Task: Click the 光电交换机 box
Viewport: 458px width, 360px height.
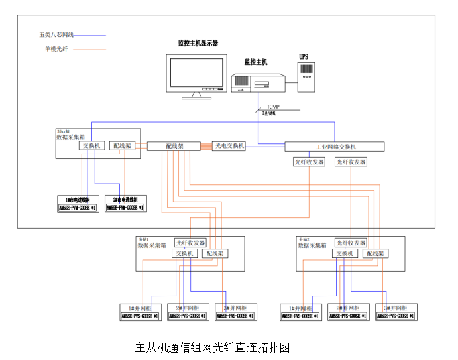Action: tap(229, 146)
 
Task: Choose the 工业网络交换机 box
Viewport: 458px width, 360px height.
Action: tap(334, 147)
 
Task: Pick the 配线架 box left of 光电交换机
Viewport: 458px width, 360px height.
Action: tap(175, 146)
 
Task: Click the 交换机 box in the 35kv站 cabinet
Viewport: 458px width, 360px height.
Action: tap(90, 145)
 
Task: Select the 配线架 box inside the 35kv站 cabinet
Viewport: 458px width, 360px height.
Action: tap(123, 145)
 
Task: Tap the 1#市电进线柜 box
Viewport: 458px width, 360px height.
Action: tap(78, 204)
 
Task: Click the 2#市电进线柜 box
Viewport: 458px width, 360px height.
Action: tap(125, 204)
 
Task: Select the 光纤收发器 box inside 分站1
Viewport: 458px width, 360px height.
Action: tap(191, 243)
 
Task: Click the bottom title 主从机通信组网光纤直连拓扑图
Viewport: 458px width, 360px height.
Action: tap(213, 347)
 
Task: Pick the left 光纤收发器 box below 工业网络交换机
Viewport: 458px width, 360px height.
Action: tap(309, 162)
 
